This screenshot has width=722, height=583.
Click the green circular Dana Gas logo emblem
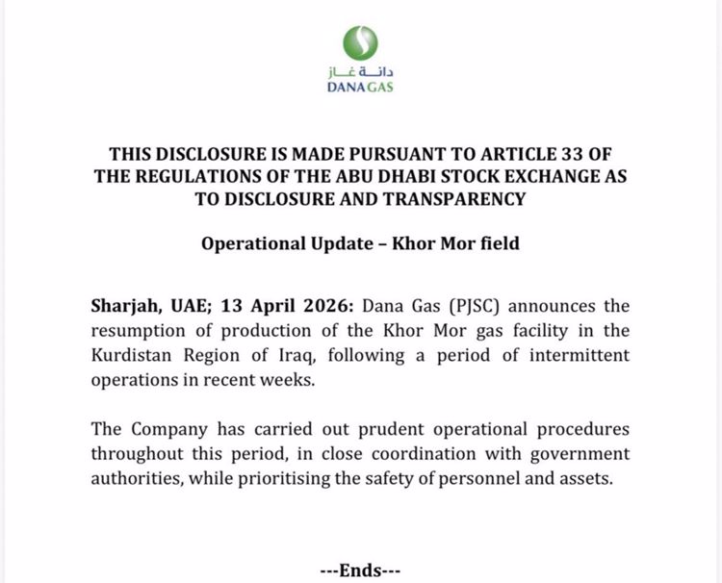click(361, 42)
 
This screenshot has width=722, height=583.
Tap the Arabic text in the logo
click(361, 72)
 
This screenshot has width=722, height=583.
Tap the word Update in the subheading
click(332, 243)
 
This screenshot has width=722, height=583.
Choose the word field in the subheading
click(496, 243)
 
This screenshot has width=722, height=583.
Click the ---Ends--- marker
click(361, 570)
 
